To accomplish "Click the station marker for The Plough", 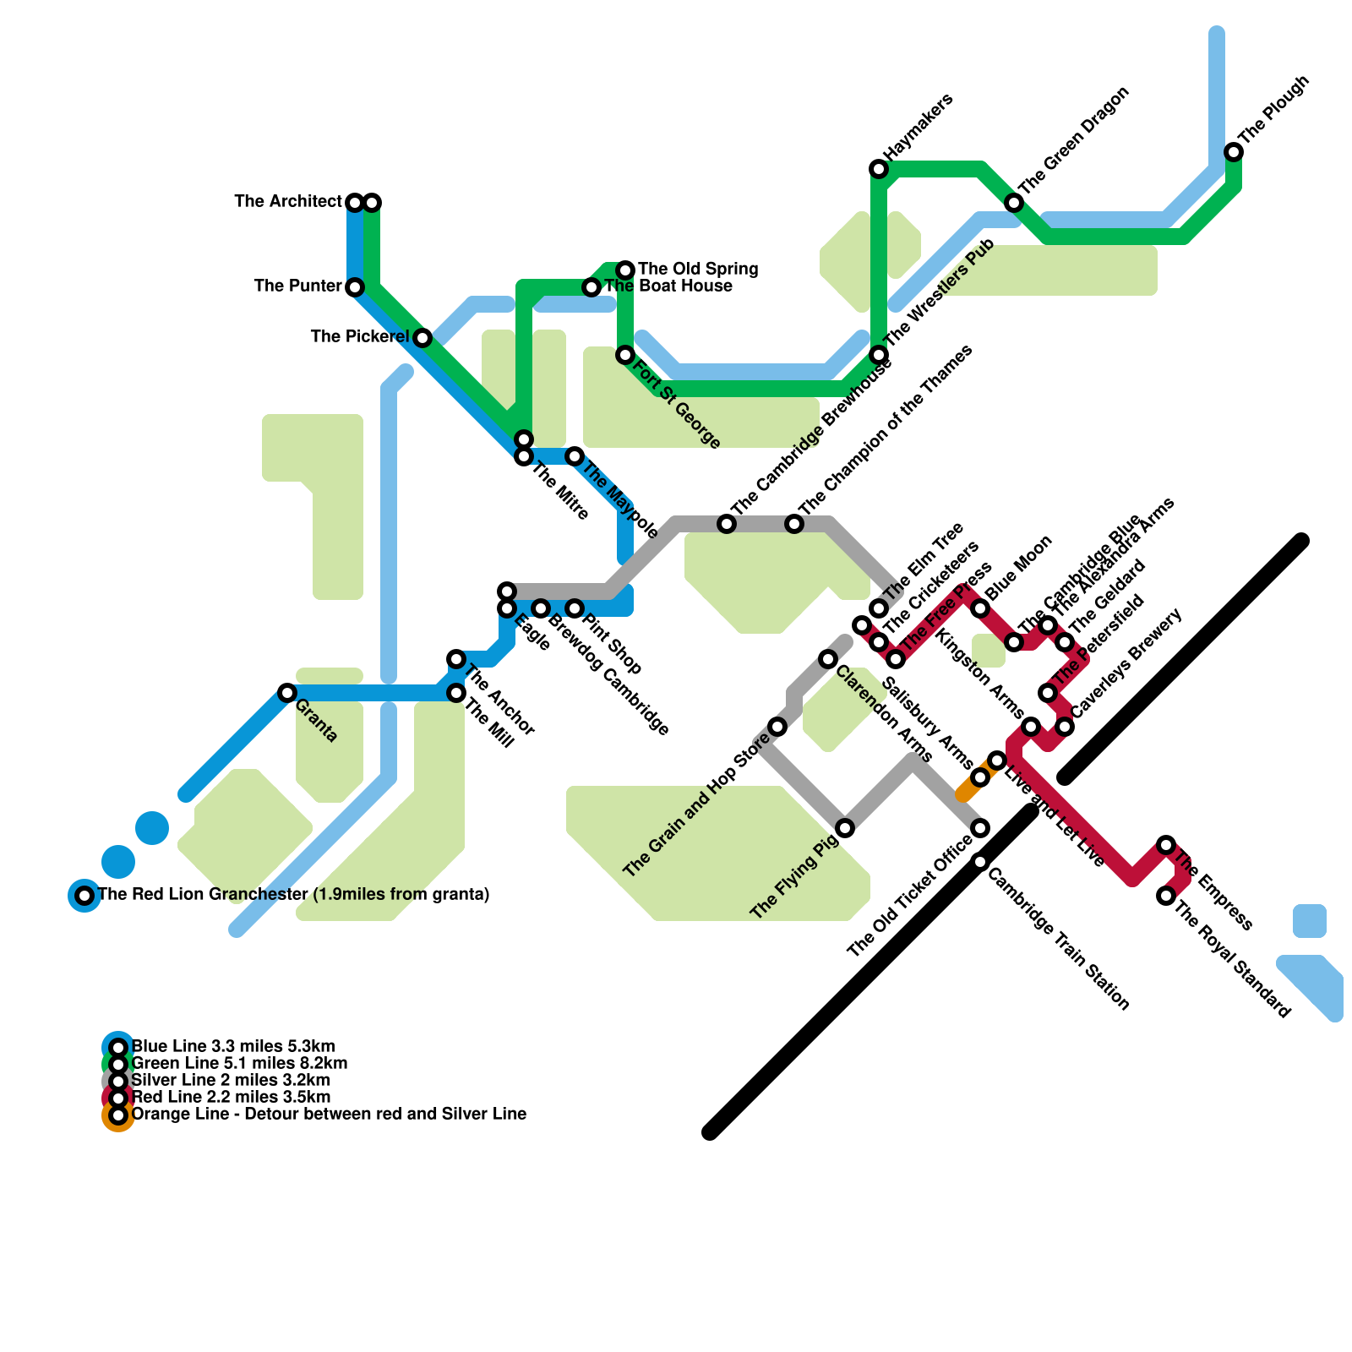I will [1234, 152].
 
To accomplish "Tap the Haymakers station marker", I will [879, 169].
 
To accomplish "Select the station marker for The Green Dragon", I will [1014, 203].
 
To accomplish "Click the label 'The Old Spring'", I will [698, 269].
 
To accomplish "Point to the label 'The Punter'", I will [297, 286].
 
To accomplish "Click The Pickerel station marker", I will [422, 338].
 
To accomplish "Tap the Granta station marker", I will [287, 693].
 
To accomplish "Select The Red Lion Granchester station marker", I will [84, 896].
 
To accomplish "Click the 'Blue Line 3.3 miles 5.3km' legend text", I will [233, 1046].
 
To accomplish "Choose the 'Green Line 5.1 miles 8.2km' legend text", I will [240, 1063].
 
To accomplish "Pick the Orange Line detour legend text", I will [330, 1114].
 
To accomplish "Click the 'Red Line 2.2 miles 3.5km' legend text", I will [232, 1097].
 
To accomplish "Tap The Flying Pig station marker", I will [845, 828].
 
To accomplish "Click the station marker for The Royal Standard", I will [1166, 896].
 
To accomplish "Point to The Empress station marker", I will [1166, 845].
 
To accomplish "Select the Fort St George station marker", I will [625, 355].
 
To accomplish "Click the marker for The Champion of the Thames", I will [794, 524].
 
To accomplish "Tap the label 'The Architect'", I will [288, 201].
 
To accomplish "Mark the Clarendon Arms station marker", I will [828, 659].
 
